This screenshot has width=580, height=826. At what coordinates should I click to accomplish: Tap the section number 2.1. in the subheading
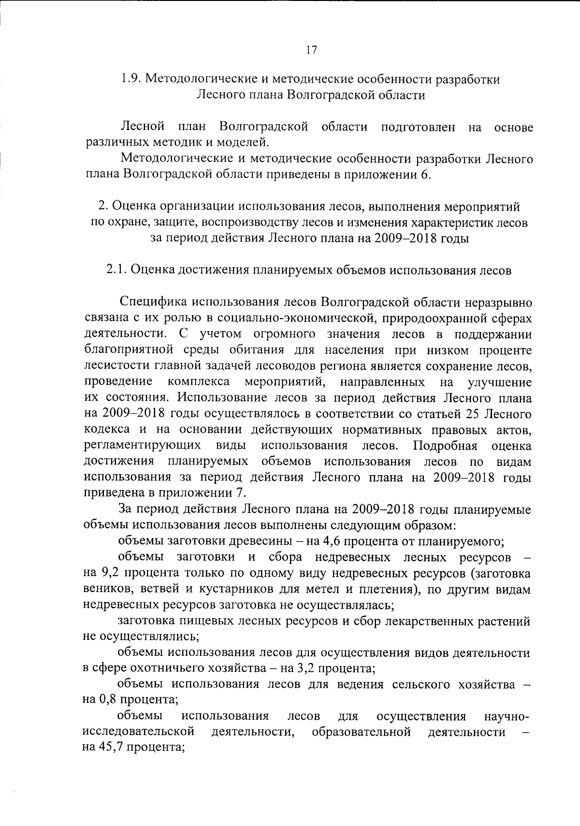click(x=116, y=270)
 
